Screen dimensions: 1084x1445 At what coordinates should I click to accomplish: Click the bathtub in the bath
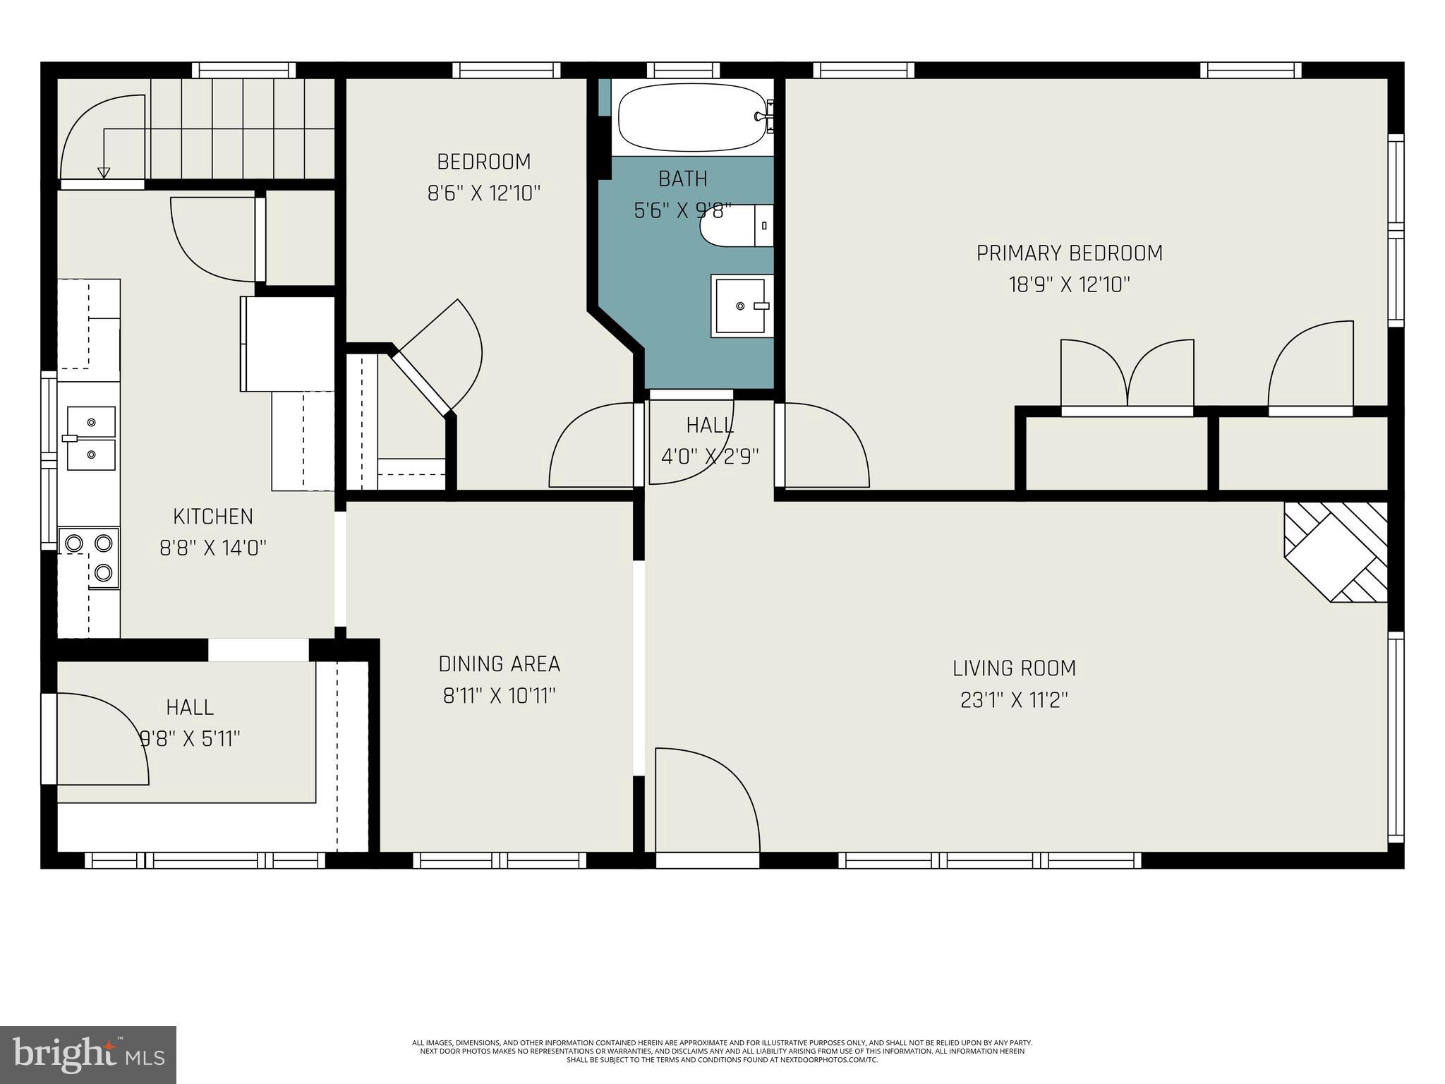(691, 118)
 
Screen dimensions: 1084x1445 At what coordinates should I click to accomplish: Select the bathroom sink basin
(741, 306)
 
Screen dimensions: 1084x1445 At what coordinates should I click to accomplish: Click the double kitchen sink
(90, 438)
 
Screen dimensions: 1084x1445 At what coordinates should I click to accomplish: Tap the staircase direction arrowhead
(104, 172)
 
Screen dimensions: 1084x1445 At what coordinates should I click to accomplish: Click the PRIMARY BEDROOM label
(1069, 253)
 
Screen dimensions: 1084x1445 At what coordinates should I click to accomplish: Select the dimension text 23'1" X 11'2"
(1014, 700)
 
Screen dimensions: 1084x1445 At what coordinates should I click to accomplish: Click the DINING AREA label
(499, 664)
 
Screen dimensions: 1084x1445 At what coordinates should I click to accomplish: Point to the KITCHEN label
(213, 517)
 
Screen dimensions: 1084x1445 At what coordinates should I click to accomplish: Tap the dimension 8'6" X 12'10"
(483, 193)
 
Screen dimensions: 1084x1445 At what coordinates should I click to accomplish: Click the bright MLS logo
(88, 1055)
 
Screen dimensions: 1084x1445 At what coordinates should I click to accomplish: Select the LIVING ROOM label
(1014, 668)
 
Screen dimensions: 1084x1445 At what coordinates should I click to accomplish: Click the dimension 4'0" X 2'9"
(710, 457)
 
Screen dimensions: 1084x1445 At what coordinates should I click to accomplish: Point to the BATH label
(682, 179)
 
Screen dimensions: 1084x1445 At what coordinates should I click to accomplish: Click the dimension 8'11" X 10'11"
(499, 697)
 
